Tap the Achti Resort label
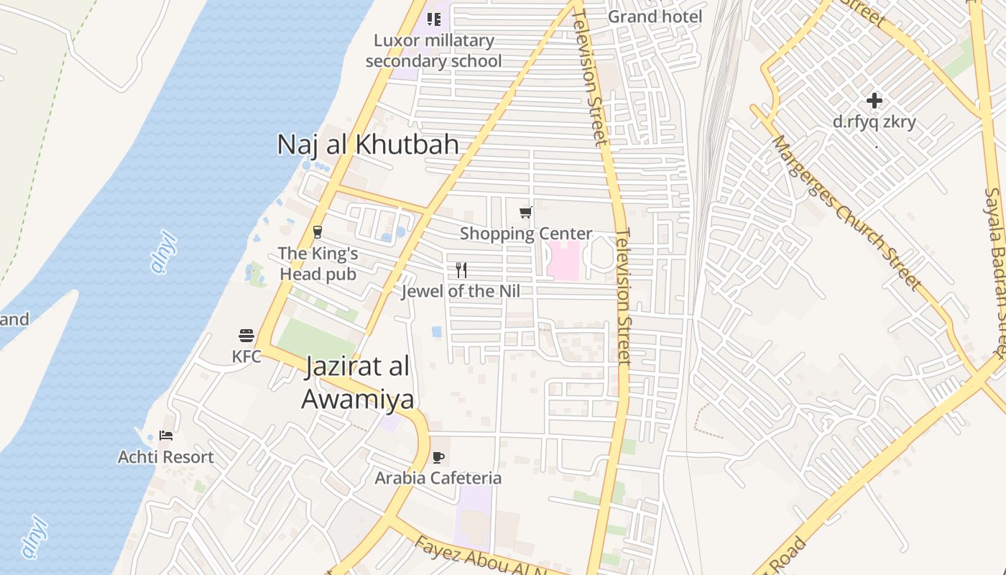tap(166, 457)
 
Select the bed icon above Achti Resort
tap(166, 436)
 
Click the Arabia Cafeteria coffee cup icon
tap(438, 457)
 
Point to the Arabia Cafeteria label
tap(438, 478)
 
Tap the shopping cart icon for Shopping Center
tap(526, 213)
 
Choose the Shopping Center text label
tap(526, 234)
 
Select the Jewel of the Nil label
tap(461, 291)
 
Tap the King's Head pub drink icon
tap(318, 232)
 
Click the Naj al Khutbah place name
tap(368, 144)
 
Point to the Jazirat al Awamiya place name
tap(357, 382)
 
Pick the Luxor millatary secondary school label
tap(434, 50)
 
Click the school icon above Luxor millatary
tap(434, 19)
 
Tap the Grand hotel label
tap(655, 16)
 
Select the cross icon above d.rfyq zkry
tap(875, 101)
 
